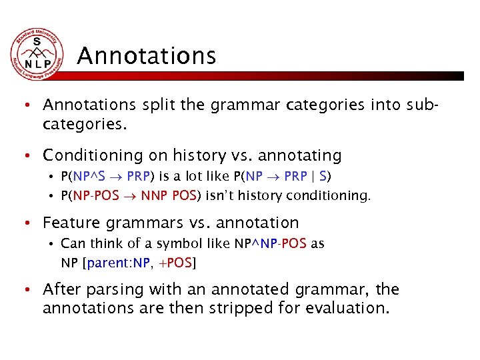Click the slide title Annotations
146,55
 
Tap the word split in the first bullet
153,105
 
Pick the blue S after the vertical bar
323,177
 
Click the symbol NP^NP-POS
270,243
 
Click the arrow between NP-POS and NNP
131,196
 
